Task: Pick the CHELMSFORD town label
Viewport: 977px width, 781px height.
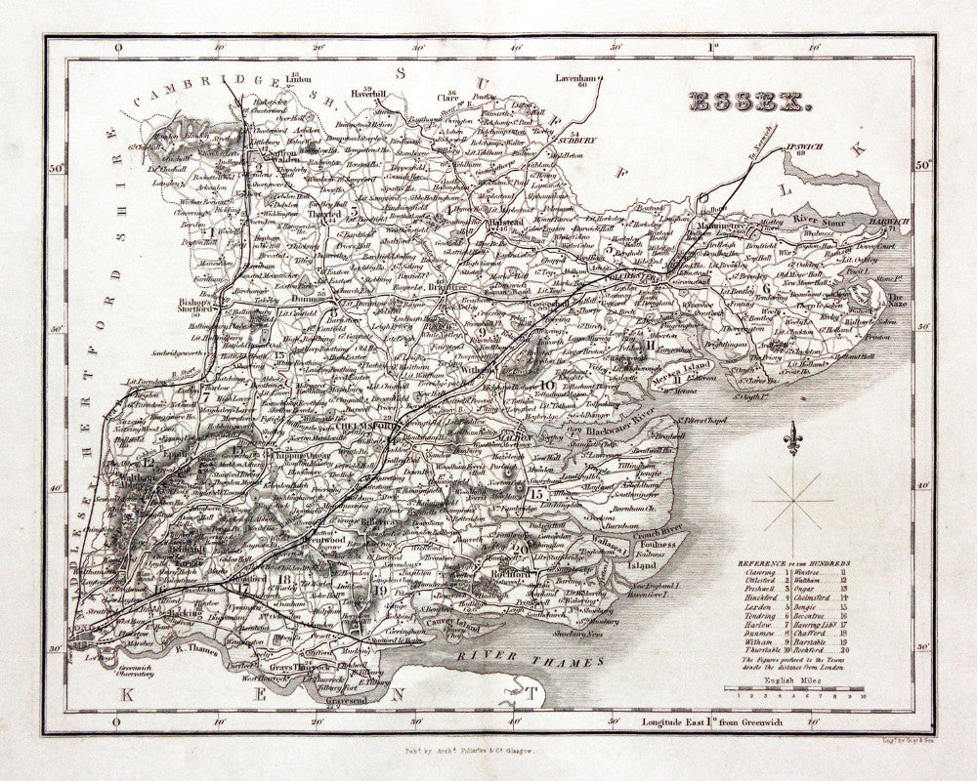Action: click(x=363, y=428)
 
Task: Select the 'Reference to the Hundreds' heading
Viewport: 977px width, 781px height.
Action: click(x=793, y=564)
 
